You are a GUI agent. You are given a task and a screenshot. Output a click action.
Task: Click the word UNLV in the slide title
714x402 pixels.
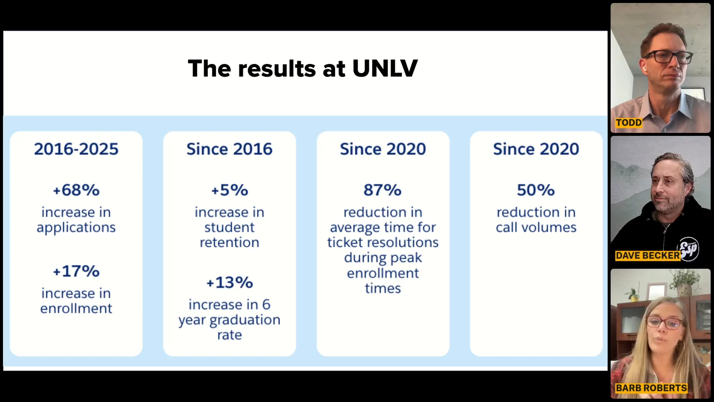[385, 68]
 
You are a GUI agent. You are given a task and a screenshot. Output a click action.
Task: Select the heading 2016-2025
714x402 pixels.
[76, 149]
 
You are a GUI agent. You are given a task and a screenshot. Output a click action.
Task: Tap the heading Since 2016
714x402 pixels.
[229, 149]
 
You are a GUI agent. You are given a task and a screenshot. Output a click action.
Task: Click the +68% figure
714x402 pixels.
[76, 190]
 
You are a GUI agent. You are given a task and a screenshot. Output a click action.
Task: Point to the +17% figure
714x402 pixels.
[76, 271]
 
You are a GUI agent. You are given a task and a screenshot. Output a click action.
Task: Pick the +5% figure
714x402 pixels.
[229, 190]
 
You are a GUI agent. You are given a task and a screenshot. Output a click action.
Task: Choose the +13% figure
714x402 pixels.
[229, 283]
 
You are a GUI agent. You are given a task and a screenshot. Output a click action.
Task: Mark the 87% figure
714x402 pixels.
[383, 190]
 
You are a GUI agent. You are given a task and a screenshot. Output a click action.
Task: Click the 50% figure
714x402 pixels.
[536, 190]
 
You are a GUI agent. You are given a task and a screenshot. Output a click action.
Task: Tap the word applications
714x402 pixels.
[76, 228]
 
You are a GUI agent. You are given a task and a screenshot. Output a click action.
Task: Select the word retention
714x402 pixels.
[229, 243]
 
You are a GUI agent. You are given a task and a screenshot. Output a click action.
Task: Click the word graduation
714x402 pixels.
[245, 320]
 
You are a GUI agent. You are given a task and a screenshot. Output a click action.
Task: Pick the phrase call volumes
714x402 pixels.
[536, 228]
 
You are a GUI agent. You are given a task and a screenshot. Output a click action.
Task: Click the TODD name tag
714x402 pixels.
[628, 123]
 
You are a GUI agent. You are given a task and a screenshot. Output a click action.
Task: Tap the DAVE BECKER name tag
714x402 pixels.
[647, 256]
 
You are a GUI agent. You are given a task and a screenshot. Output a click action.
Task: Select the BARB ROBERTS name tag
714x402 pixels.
[651, 388]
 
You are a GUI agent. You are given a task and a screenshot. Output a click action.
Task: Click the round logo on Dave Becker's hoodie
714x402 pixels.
[689, 249]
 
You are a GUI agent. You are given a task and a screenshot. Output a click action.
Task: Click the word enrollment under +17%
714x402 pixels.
[76, 309]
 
